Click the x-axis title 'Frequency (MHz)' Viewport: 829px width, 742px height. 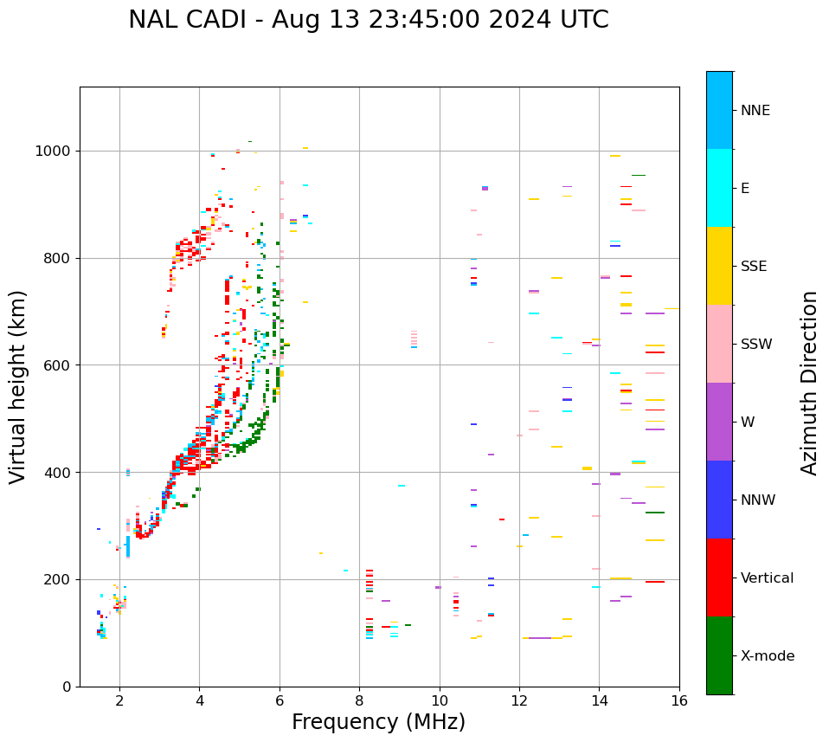[378, 722]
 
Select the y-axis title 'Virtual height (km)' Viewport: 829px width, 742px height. [18, 386]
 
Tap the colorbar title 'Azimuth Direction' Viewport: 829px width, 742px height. [809, 383]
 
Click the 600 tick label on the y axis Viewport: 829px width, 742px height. [57, 365]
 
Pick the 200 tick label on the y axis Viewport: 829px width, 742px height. [57, 579]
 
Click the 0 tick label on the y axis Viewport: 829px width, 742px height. [67, 687]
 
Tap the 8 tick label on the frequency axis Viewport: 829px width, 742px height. [359, 700]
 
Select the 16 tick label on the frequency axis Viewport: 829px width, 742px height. [679, 700]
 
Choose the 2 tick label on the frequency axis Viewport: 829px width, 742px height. [119, 700]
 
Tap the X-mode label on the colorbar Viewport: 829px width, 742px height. [767, 656]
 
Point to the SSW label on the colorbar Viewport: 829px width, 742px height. [756, 345]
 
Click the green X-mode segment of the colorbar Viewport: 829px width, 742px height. [719, 655]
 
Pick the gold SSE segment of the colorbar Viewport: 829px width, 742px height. [719, 266]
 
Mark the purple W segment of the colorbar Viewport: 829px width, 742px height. [719, 422]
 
